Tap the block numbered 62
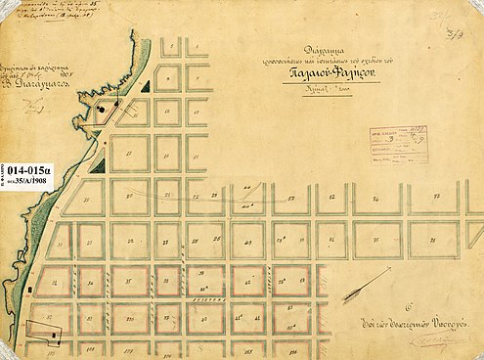point(333,197)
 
